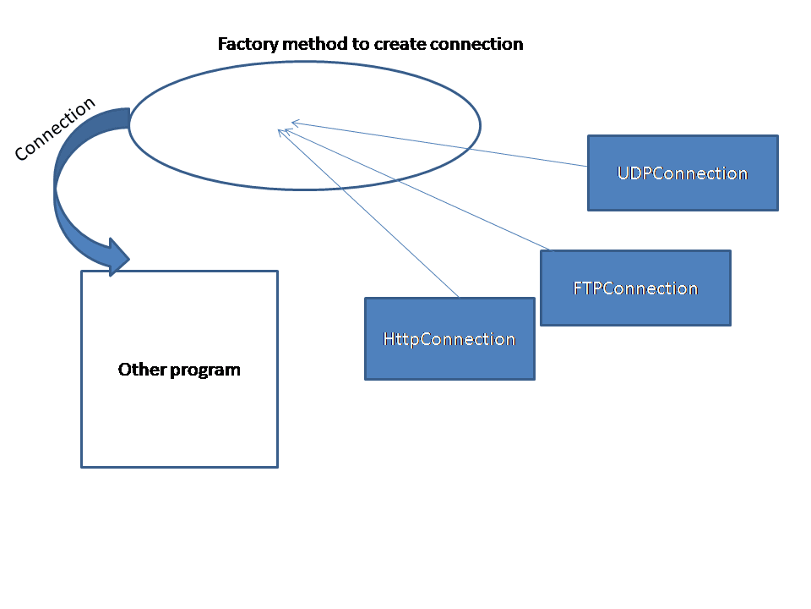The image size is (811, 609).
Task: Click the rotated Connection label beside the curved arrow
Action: pyautogui.click(x=55, y=129)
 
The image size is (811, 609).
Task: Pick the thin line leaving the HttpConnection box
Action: pyautogui.click(x=372, y=215)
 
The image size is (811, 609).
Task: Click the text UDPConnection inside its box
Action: pyautogui.click(x=683, y=173)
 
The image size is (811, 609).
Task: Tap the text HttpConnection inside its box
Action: pyautogui.click(x=449, y=339)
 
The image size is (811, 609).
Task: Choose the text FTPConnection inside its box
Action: pyautogui.click(x=635, y=288)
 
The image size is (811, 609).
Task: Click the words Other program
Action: pyautogui.click(x=179, y=370)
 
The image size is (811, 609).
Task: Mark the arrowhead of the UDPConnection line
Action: pyautogui.click(x=295, y=123)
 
